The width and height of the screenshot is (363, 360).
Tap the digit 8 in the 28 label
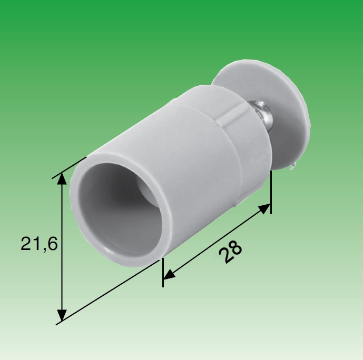234,248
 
